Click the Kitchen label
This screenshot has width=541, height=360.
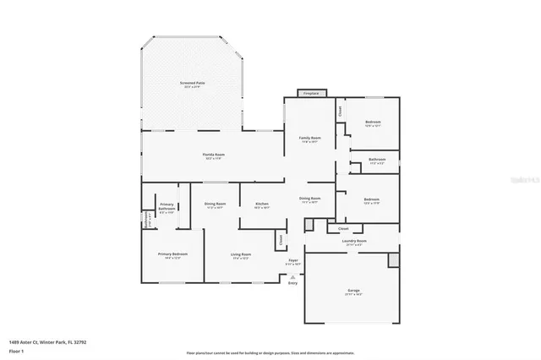[262, 204]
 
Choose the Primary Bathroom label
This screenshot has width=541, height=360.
[167, 208]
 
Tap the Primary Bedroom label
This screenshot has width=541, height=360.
[172, 254]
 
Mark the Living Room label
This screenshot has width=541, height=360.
[241, 254]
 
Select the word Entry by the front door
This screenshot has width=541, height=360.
[292, 282]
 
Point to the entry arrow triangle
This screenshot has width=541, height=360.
[292, 275]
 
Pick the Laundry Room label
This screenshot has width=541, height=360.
[354, 241]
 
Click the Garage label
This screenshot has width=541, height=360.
[353, 291]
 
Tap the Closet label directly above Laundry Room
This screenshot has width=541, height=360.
[343, 228]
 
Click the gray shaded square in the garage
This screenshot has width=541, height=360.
[393, 259]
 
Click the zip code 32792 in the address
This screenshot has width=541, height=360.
[80, 341]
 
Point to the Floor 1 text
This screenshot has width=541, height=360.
[16, 350]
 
